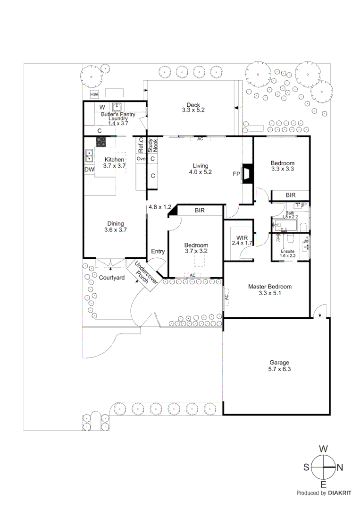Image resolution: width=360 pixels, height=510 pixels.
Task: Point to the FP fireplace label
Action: point(236,174)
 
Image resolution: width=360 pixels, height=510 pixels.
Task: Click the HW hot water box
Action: point(94,94)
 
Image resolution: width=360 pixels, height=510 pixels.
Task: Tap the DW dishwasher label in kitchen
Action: point(89,170)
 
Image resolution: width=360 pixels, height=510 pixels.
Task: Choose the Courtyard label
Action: point(111,278)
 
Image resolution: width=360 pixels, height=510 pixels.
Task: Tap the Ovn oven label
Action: point(141,159)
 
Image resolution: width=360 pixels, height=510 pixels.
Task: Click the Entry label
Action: point(158,251)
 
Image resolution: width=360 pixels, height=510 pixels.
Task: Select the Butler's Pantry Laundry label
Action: point(118,119)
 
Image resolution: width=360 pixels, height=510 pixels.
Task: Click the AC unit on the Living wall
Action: point(200,139)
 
